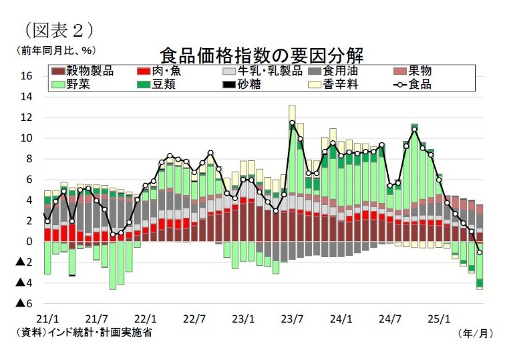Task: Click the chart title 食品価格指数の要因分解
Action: (x=265, y=53)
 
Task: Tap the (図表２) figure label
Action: (x=58, y=29)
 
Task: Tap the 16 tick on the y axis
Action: (x=26, y=76)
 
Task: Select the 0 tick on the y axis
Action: (x=29, y=242)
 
